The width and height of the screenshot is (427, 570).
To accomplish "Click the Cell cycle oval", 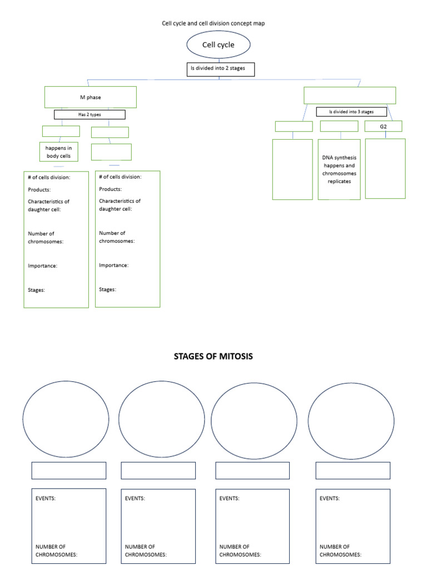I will click(219, 45).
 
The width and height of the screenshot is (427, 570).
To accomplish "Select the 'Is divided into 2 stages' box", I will click(220, 69).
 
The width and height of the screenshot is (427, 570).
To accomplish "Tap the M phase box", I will click(90, 97).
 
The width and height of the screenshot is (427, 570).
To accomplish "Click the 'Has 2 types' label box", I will click(90, 115).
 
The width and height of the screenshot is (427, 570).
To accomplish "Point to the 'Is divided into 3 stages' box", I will click(351, 112).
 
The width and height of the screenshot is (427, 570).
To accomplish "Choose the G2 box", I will click(383, 126).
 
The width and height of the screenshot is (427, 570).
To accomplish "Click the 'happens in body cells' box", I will click(58, 152).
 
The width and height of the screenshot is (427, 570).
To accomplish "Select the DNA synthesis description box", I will click(339, 169).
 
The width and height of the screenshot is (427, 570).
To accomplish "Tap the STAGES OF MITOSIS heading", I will click(213, 356).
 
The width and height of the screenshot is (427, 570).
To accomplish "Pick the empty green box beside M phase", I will click(350, 95).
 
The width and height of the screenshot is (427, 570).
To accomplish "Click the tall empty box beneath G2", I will click(385, 168).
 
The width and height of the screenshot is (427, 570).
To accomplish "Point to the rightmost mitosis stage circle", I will click(351, 421).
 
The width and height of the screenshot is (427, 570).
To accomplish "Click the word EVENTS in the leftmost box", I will click(46, 499).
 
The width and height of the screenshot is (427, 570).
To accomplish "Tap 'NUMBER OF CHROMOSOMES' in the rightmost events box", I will click(340, 551).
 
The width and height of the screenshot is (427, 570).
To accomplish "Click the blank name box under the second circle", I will click(158, 470).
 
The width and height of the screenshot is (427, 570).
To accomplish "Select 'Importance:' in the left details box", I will click(43, 266).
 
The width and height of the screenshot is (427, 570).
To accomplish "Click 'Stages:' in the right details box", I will click(107, 289).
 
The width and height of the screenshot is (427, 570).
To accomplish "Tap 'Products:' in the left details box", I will click(39, 190).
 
